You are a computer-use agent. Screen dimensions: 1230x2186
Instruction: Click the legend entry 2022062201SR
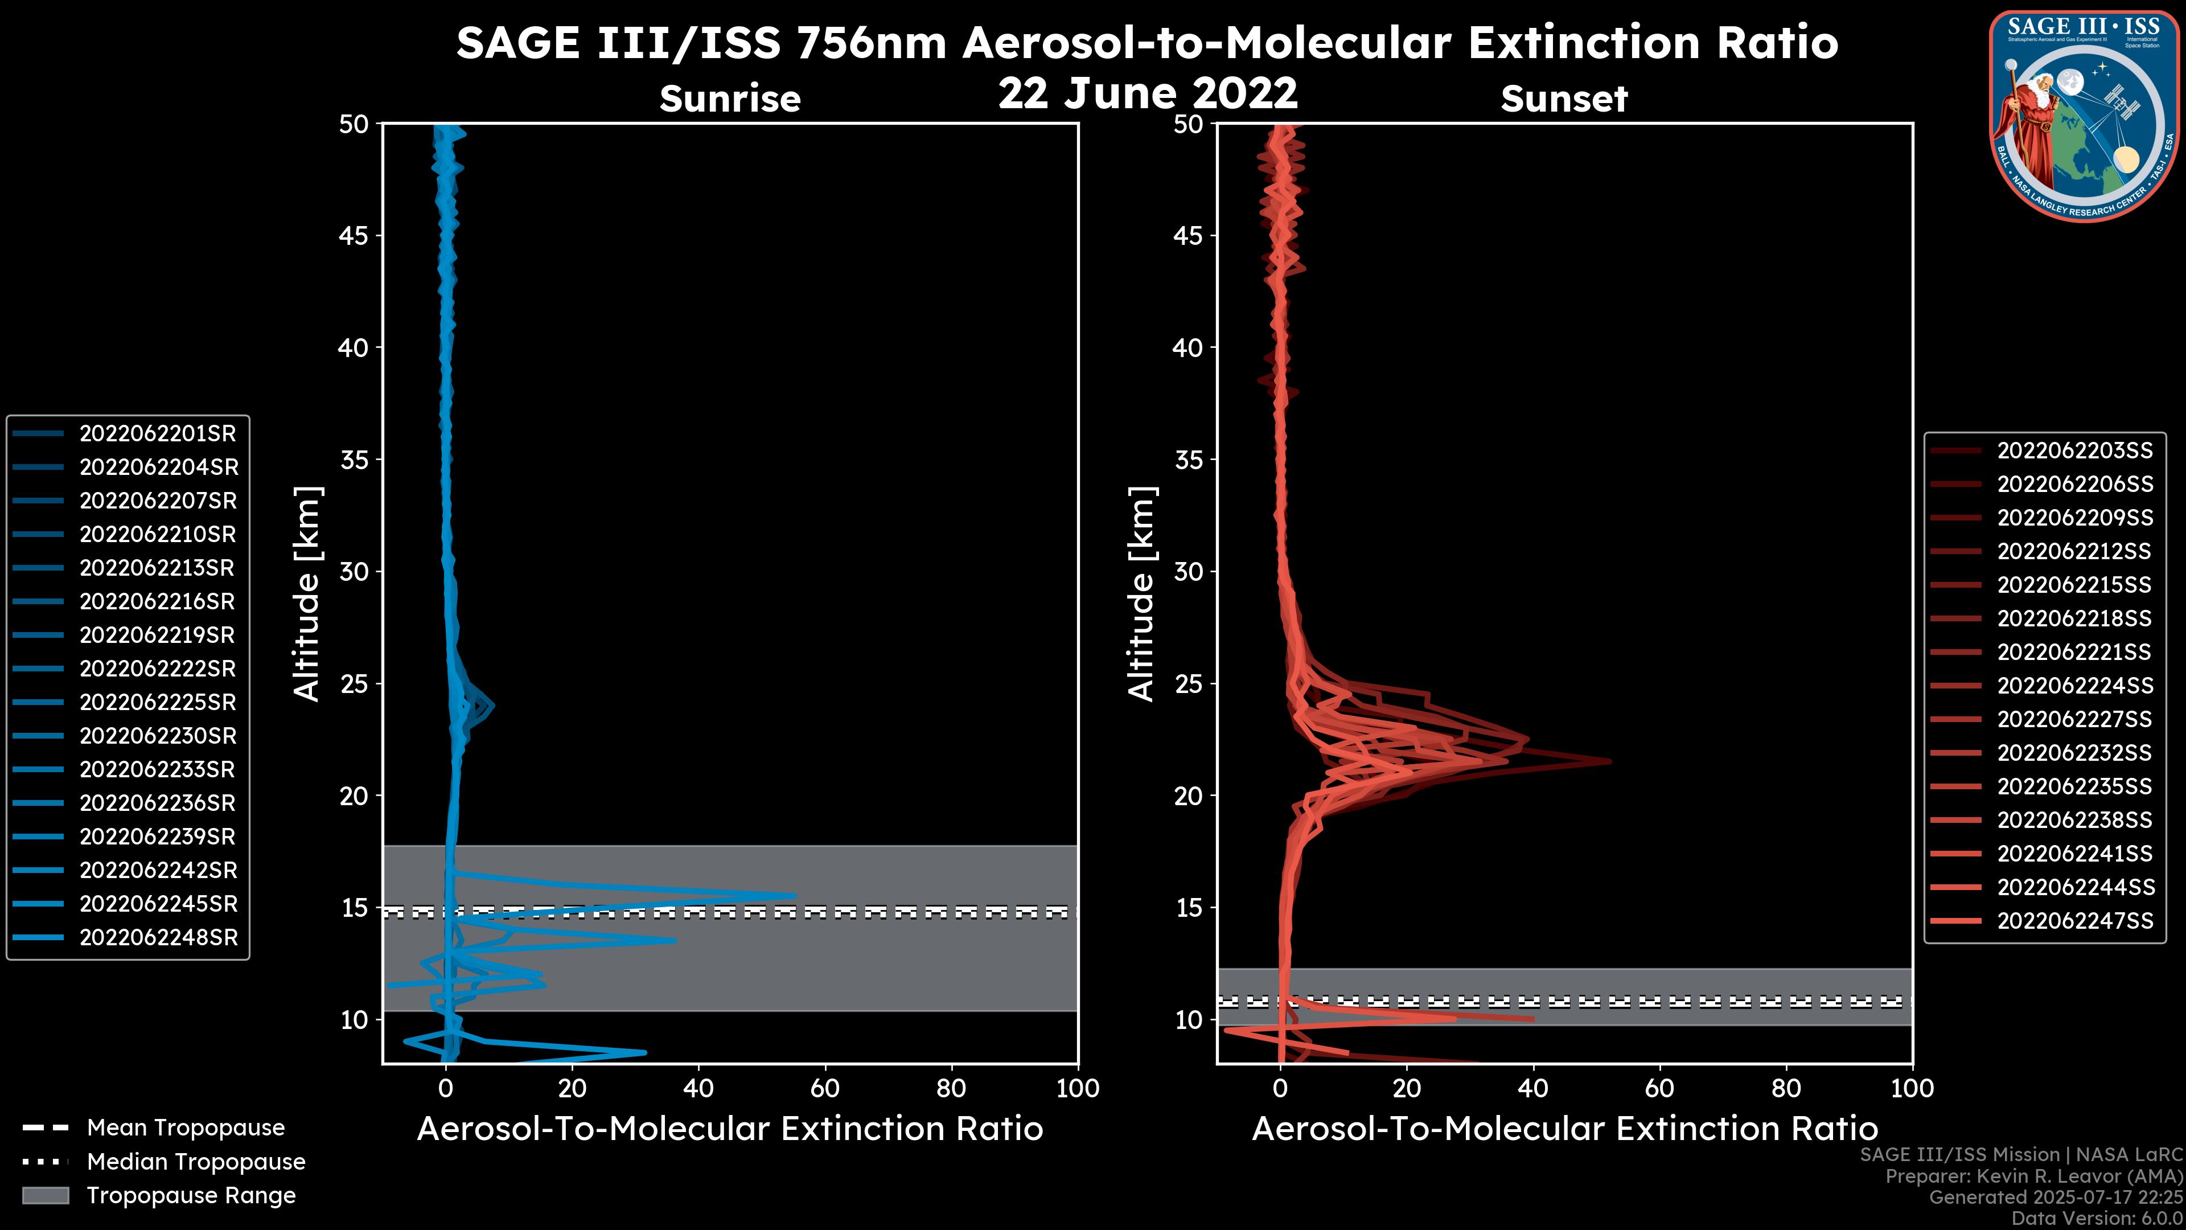(157, 434)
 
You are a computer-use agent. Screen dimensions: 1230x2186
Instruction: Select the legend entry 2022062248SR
(159, 938)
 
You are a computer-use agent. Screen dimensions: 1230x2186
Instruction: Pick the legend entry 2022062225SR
(158, 703)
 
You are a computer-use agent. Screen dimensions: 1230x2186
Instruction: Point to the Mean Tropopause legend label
(186, 1128)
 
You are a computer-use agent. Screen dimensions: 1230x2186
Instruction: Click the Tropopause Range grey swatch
(46, 1195)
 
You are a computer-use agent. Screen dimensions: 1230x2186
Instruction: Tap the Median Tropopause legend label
(196, 1162)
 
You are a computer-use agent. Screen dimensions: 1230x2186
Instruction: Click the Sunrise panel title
(730, 99)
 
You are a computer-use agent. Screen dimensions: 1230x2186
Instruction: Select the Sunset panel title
(1564, 99)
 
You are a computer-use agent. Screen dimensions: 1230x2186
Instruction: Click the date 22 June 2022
(1147, 92)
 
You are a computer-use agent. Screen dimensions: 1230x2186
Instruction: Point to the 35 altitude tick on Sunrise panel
(354, 460)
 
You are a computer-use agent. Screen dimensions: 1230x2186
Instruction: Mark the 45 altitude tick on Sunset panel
(1188, 236)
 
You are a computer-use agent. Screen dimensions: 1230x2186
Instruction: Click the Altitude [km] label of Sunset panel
(1142, 594)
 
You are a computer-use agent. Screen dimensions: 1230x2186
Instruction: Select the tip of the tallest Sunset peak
(1610, 761)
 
